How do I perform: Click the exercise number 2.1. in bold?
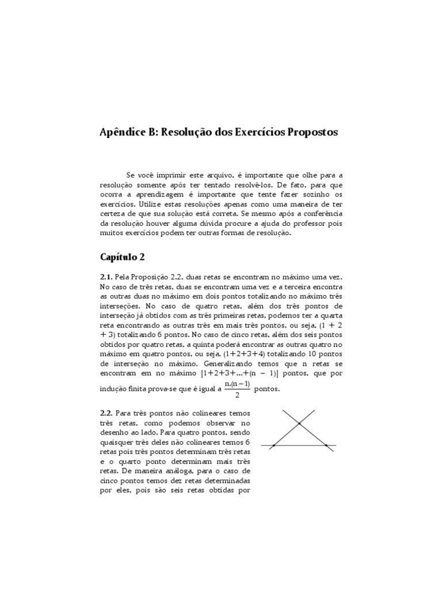(x=106, y=277)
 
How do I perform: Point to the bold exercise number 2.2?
(x=106, y=413)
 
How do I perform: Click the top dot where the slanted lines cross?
(x=299, y=424)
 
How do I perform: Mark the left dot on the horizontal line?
(x=273, y=445)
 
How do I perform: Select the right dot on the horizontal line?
(x=326, y=445)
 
